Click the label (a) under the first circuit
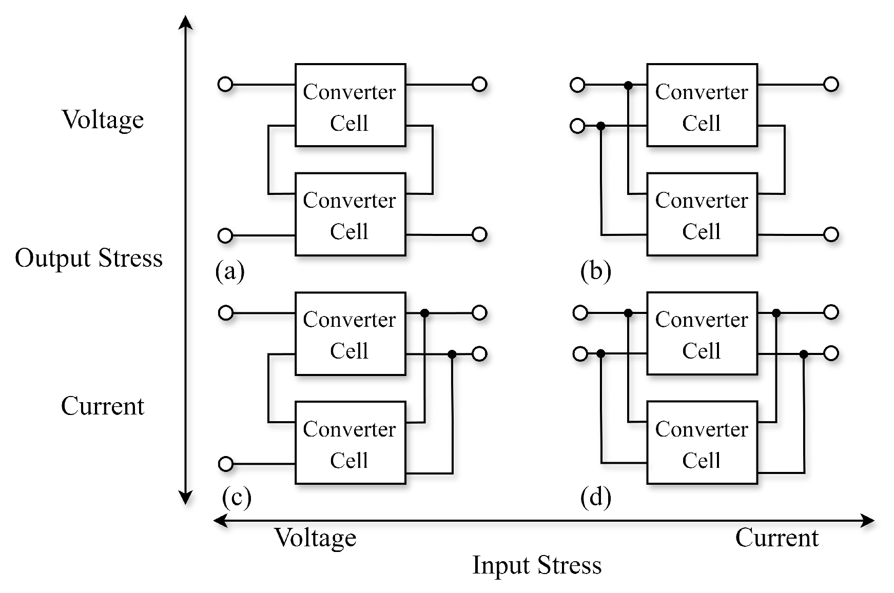click(229, 270)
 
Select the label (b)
click(595, 270)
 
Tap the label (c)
click(237, 497)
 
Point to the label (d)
click(595, 497)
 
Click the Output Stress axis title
click(89, 258)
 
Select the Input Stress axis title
click(536, 565)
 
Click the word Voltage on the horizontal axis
click(315, 538)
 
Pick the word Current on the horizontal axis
click(776, 538)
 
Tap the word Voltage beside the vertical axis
click(103, 120)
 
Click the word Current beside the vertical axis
click(103, 406)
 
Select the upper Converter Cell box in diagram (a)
click(350, 105)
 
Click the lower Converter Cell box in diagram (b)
click(702, 214)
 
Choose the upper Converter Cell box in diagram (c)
click(350, 333)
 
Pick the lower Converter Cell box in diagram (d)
click(702, 443)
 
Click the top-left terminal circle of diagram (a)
click(225, 84)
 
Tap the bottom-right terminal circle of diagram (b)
click(831, 234)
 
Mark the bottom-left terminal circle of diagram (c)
click(225, 464)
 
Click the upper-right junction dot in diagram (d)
click(776, 313)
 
